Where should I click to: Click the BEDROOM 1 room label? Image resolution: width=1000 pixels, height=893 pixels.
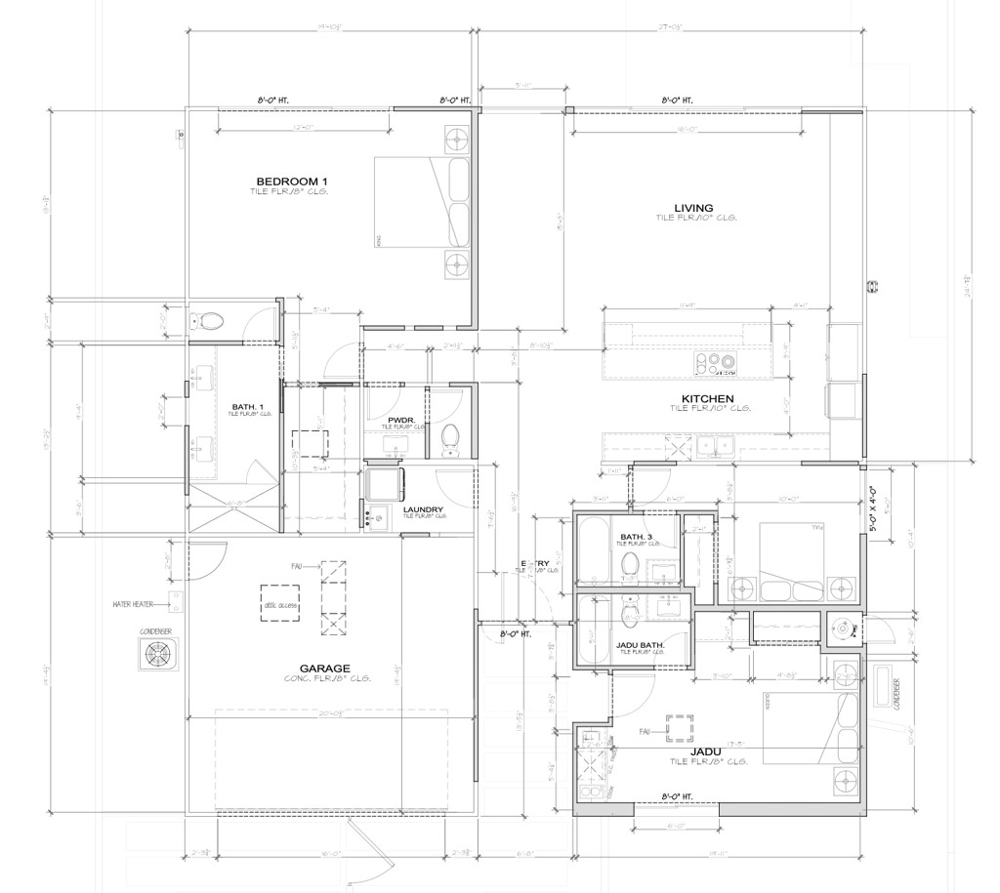[x=291, y=182]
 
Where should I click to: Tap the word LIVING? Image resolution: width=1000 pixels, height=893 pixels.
[x=692, y=208]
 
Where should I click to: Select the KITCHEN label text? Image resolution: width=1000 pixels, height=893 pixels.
[x=707, y=399]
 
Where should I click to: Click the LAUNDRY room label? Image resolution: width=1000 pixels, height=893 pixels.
[x=422, y=508]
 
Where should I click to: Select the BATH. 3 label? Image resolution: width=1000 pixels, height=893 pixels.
[x=636, y=537]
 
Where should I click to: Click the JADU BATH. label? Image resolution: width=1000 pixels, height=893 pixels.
[x=640, y=644]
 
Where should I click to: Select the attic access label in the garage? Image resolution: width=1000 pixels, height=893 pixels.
[x=280, y=606]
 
